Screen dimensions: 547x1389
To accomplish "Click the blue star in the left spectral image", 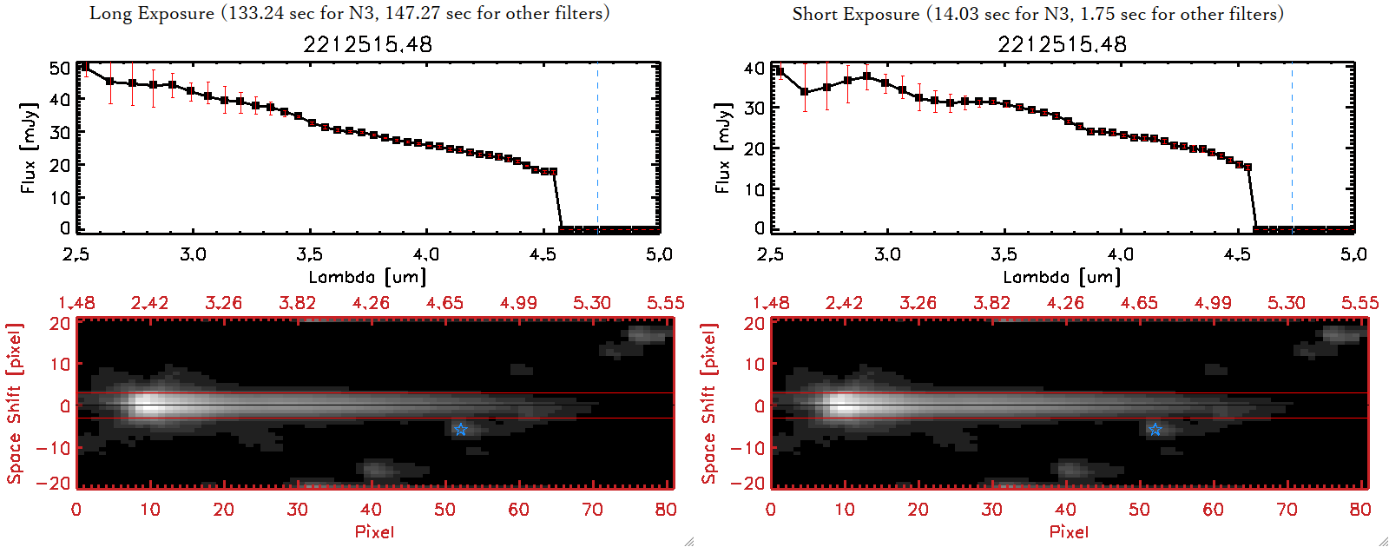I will point(460,430).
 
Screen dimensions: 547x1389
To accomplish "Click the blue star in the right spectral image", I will point(1155,430).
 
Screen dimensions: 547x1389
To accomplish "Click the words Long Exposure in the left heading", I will point(152,13).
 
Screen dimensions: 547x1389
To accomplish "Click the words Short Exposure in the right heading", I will point(855,14).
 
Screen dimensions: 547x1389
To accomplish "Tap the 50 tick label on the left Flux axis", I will point(60,68).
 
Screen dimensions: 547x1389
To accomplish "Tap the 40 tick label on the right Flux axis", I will point(754,68).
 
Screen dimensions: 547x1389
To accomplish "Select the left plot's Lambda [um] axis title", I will point(367,277).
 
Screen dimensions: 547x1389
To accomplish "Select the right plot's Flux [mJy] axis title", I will point(722,148).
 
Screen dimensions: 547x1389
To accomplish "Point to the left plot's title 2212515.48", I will point(367,44).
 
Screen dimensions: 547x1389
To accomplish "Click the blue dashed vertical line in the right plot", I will point(1292,148).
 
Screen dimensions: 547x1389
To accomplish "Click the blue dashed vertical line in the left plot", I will point(597,148).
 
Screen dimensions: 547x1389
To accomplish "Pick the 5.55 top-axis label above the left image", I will point(665,303).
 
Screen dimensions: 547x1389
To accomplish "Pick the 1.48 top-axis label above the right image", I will point(771,303).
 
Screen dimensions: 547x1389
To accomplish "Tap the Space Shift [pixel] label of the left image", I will point(15,404).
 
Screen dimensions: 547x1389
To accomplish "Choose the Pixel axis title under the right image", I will point(1069,531).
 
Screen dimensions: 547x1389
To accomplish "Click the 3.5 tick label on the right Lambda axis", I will point(1004,254).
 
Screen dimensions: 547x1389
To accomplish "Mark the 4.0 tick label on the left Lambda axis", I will point(425,254).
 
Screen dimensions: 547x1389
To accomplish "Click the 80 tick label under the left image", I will point(666,510).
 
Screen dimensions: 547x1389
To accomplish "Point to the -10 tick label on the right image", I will point(747,448).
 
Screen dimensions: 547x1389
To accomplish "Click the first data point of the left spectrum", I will point(84,67).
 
